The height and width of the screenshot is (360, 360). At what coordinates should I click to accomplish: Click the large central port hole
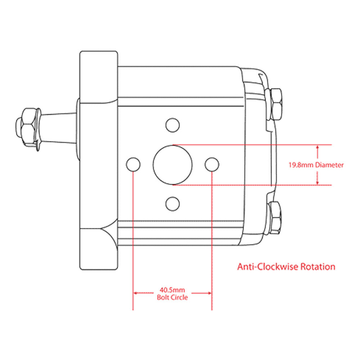click(x=172, y=165)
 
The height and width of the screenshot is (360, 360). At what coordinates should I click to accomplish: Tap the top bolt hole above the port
click(x=172, y=125)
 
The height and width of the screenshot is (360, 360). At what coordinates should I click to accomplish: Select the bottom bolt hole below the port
click(x=172, y=203)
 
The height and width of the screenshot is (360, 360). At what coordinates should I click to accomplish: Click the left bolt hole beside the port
click(x=133, y=165)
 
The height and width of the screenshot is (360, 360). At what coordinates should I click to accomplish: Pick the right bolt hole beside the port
click(x=212, y=165)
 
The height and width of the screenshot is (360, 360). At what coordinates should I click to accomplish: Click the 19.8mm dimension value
click(x=301, y=165)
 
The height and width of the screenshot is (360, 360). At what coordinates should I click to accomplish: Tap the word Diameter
click(x=329, y=165)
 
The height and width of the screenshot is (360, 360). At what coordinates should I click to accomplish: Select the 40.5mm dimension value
click(x=172, y=289)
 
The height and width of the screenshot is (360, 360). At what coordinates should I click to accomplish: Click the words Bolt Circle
click(x=172, y=298)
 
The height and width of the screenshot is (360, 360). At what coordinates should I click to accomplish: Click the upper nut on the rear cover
click(x=276, y=104)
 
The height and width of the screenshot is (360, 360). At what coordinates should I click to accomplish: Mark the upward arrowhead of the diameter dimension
click(x=317, y=147)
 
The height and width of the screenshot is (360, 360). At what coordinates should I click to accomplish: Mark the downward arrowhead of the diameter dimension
click(x=317, y=183)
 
